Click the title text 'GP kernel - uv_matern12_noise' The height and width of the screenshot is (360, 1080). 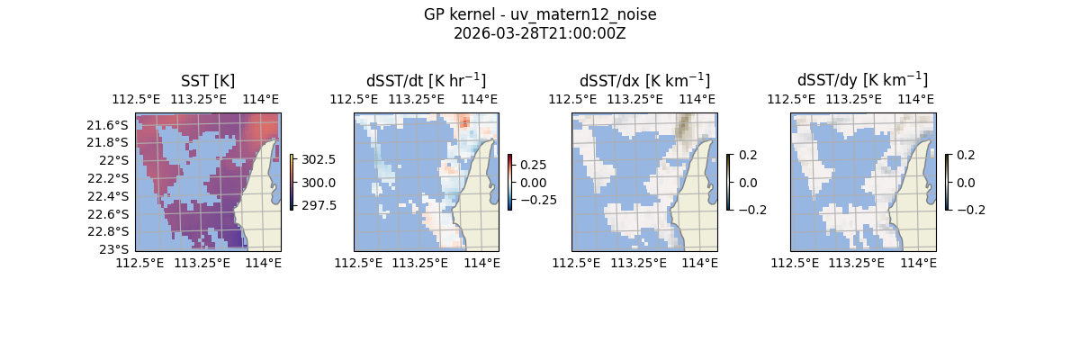tap(539, 15)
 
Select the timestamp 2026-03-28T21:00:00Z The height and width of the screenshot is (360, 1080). tap(539, 33)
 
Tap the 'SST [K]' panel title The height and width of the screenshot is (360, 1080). tap(208, 81)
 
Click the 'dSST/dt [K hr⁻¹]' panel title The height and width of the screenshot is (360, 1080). tap(426, 80)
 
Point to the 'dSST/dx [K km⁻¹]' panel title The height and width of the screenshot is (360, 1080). tap(644, 80)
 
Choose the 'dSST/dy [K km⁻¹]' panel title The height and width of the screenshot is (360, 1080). tap(862, 80)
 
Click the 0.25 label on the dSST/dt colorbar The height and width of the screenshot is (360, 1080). tap(534, 166)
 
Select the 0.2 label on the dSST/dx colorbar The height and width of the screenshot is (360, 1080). tap(748, 155)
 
